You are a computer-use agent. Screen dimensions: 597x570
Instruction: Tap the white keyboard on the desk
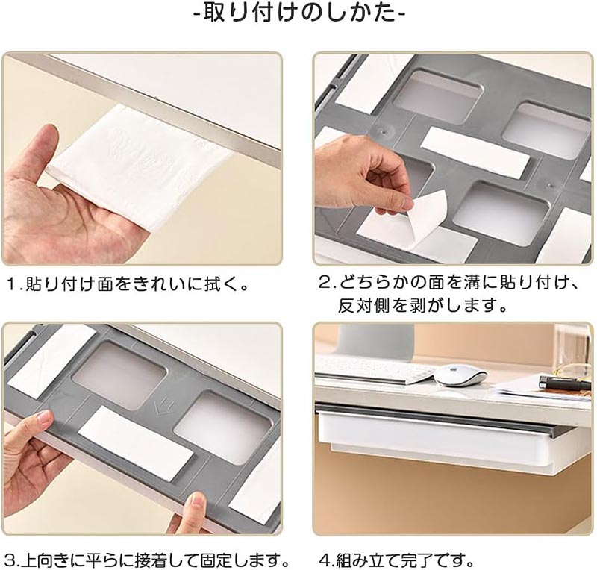[x=375, y=369]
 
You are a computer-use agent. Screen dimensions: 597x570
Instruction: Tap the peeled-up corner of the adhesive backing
[x=428, y=214]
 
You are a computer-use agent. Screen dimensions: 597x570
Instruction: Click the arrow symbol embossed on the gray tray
[x=159, y=406]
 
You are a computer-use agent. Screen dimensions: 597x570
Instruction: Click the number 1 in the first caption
[x=12, y=285]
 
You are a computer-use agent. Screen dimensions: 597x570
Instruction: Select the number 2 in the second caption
[x=325, y=284]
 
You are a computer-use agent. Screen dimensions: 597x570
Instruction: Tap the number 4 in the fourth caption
[x=325, y=560]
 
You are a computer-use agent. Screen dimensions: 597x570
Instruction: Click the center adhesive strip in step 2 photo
[x=475, y=152]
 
